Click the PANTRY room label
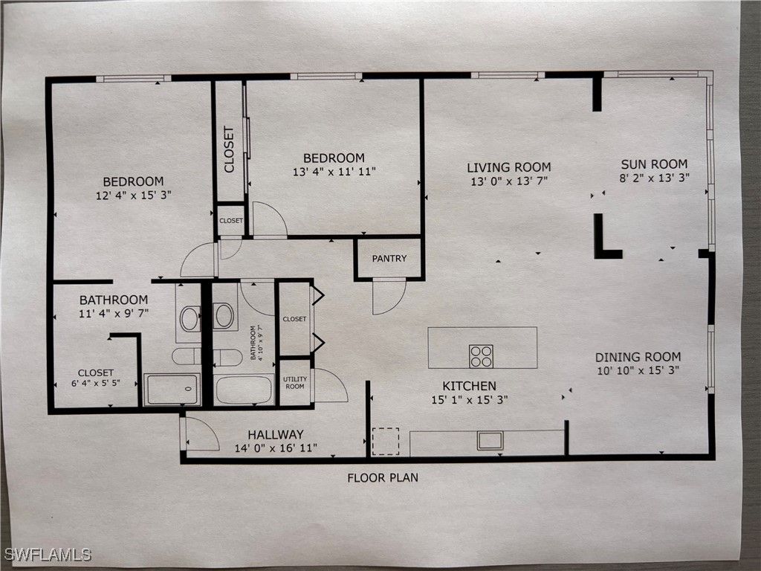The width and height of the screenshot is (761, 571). (x=389, y=258)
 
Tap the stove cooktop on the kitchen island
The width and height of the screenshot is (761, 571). (x=481, y=356)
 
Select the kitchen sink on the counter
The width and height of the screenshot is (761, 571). (x=490, y=440)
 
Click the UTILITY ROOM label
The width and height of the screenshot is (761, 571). (x=295, y=383)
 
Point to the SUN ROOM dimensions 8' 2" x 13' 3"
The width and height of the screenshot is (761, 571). (x=654, y=178)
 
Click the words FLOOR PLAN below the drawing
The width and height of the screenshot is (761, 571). (x=383, y=478)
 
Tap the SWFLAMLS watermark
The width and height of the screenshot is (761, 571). (x=48, y=555)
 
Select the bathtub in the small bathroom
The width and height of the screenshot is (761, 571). (x=244, y=390)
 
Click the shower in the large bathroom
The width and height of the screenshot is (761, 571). (x=172, y=389)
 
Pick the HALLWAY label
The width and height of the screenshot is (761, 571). (x=276, y=434)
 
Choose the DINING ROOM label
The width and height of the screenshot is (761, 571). (x=638, y=357)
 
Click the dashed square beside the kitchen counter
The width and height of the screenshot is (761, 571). (x=386, y=442)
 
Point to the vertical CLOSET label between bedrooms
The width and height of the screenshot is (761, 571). (x=229, y=149)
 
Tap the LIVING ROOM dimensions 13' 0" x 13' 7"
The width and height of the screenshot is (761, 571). (x=509, y=181)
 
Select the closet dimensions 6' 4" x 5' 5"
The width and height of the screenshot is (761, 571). (x=96, y=383)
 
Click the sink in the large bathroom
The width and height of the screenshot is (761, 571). (x=190, y=318)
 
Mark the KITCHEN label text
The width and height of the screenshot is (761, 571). (x=470, y=386)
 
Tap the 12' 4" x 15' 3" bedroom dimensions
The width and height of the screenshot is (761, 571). (x=134, y=196)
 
